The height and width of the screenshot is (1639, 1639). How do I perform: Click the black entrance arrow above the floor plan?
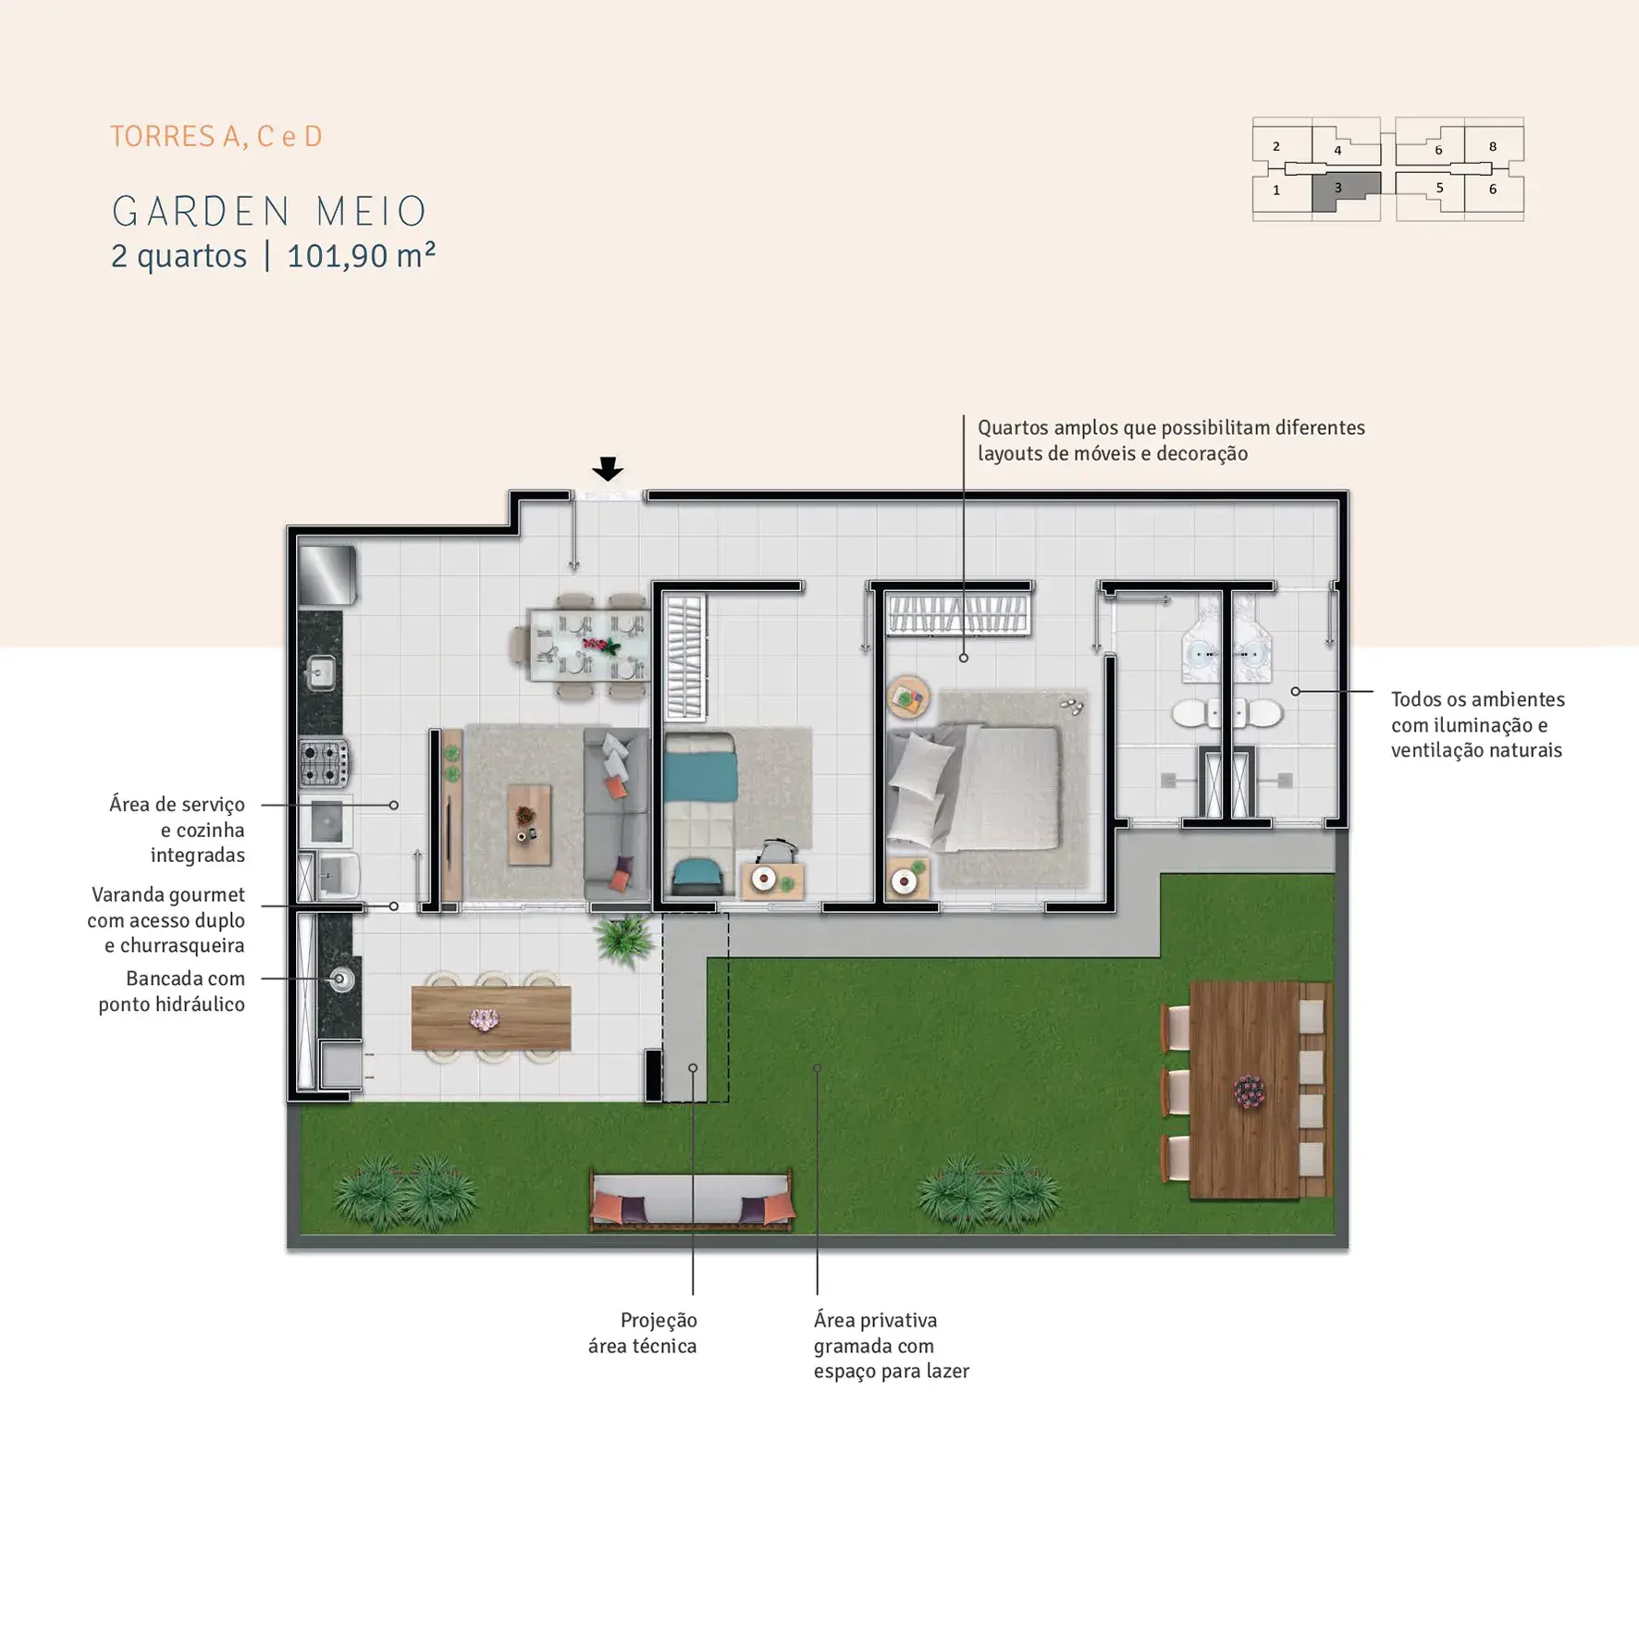(x=608, y=469)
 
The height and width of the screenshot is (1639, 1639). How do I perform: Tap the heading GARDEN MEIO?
(x=269, y=212)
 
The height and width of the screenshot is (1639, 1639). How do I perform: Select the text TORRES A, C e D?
(x=216, y=137)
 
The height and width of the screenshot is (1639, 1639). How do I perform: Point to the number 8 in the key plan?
(x=1493, y=146)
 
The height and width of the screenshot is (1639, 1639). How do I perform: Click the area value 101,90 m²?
(x=361, y=256)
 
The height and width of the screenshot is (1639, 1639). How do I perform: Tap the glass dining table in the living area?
(x=588, y=645)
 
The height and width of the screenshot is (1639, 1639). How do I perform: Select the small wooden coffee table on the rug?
(x=529, y=825)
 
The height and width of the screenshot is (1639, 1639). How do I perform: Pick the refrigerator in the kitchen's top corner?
(x=327, y=575)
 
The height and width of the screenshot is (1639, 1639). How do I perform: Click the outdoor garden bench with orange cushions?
(x=691, y=1202)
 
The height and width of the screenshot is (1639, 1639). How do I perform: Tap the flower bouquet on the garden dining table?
(x=1249, y=1091)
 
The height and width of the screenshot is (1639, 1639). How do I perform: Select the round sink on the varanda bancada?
(x=341, y=979)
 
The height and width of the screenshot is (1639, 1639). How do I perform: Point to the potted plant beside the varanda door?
(x=625, y=939)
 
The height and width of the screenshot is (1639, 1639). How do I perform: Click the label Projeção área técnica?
(x=643, y=1333)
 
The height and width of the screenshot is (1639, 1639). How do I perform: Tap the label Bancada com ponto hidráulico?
(x=172, y=992)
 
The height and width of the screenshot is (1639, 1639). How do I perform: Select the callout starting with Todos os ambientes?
(x=1478, y=725)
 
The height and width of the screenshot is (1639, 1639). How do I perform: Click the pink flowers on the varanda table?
(x=484, y=1019)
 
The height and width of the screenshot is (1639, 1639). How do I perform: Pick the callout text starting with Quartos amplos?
(x=1171, y=440)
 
